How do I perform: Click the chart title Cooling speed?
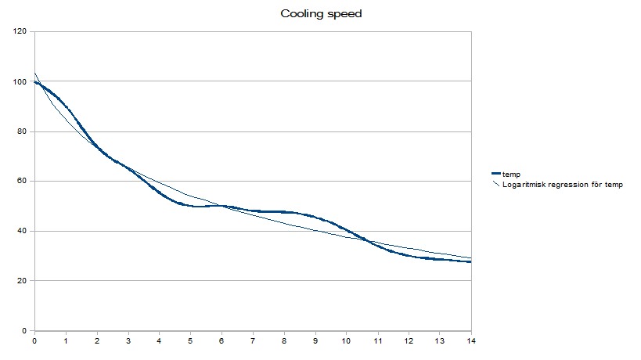[x=321, y=14]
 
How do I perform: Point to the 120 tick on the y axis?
[x=20, y=31]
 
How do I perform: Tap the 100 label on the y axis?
[x=20, y=81]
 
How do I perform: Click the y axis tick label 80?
[x=23, y=131]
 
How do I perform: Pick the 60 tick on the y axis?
[x=23, y=182]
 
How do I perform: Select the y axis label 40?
[x=23, y=231]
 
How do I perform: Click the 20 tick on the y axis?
[x=23, y=281]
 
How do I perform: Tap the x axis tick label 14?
[x=470, y=341]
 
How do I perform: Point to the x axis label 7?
[x=253, y=341]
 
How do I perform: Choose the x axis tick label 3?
[x=128, y=341]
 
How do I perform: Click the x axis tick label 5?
[x=190, y=341]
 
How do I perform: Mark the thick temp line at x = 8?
[x=284, y=212]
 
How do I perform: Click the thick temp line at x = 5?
[x=190, y=206]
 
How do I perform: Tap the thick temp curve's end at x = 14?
[x=470, y=262]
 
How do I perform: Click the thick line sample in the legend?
[x=495, y=174]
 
